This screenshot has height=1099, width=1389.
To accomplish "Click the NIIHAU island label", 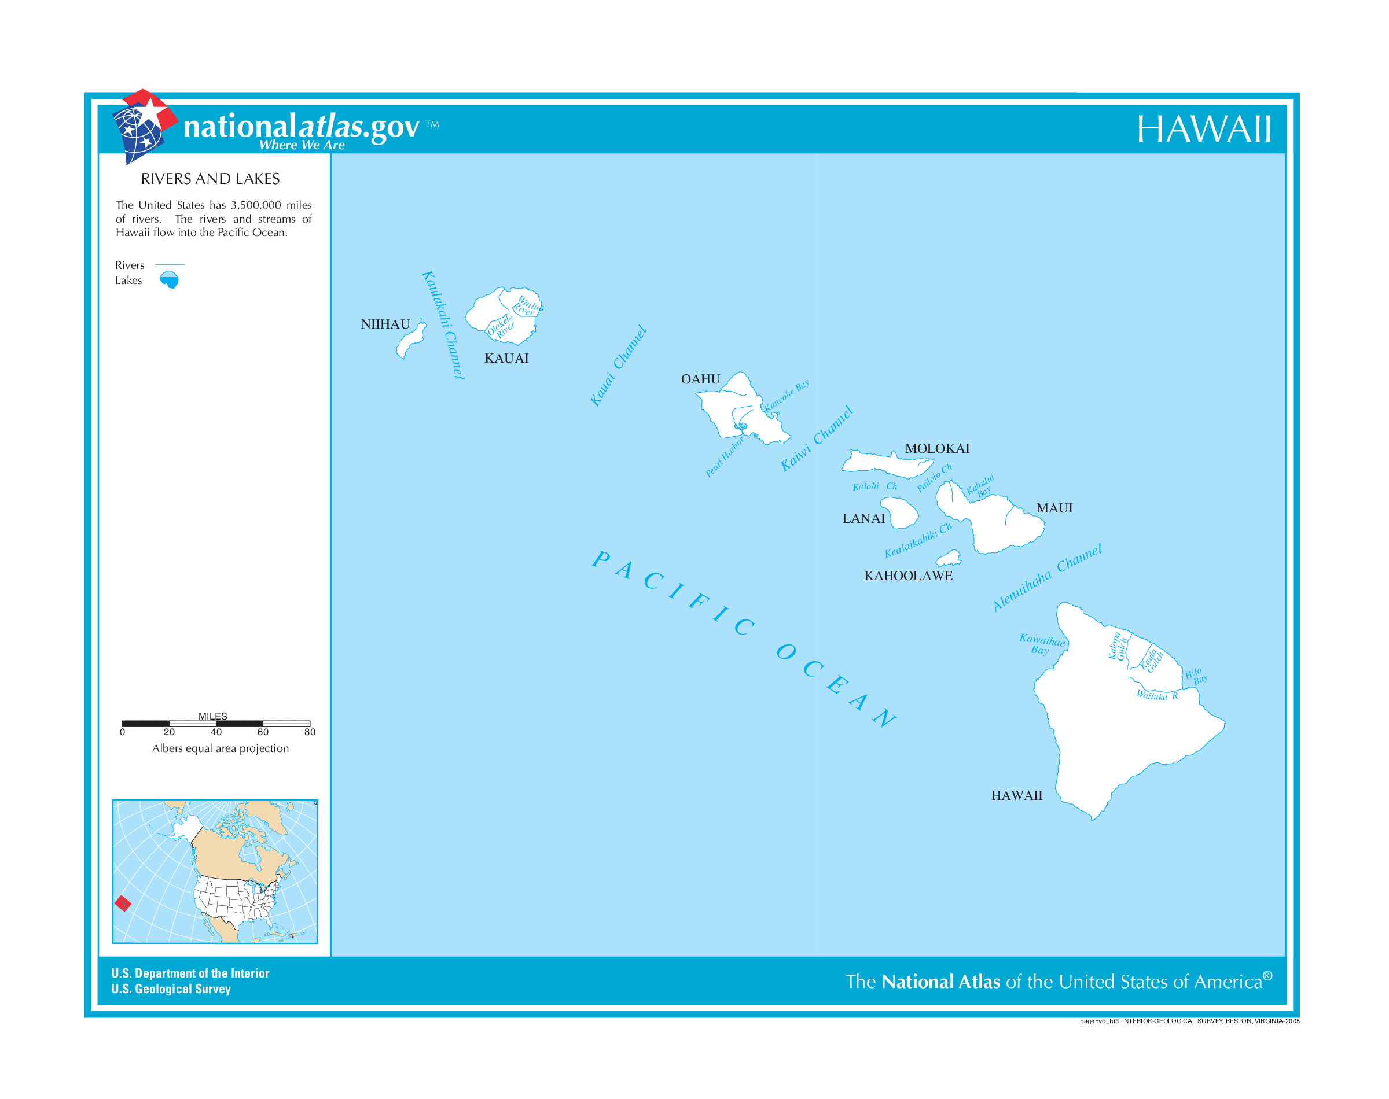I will tap(385, 324).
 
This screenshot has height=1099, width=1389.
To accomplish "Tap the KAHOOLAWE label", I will tap(907, 576).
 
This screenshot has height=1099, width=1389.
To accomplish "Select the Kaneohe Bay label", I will tap(786, 396).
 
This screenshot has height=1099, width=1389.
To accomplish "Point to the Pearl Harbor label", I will tap(724, 457).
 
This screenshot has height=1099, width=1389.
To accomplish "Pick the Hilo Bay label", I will tap(1195, 676).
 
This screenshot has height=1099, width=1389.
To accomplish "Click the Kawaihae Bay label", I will tap(1041, 643).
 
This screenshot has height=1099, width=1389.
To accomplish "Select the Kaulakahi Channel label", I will tap(443, 324).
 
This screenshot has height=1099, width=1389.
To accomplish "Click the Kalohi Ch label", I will tap(874, 486).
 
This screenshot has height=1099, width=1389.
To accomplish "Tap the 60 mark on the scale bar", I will tap(263, 732).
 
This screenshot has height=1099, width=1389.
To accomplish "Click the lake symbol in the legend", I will tap(169, 279).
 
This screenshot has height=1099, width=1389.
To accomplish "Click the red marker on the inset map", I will tap(122, 903).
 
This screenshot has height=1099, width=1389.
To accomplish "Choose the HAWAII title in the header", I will tap(1203, 130).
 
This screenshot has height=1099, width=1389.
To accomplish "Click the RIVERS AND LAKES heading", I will tap(210, 179).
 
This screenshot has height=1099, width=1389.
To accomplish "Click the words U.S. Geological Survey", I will tap(171, 989).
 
